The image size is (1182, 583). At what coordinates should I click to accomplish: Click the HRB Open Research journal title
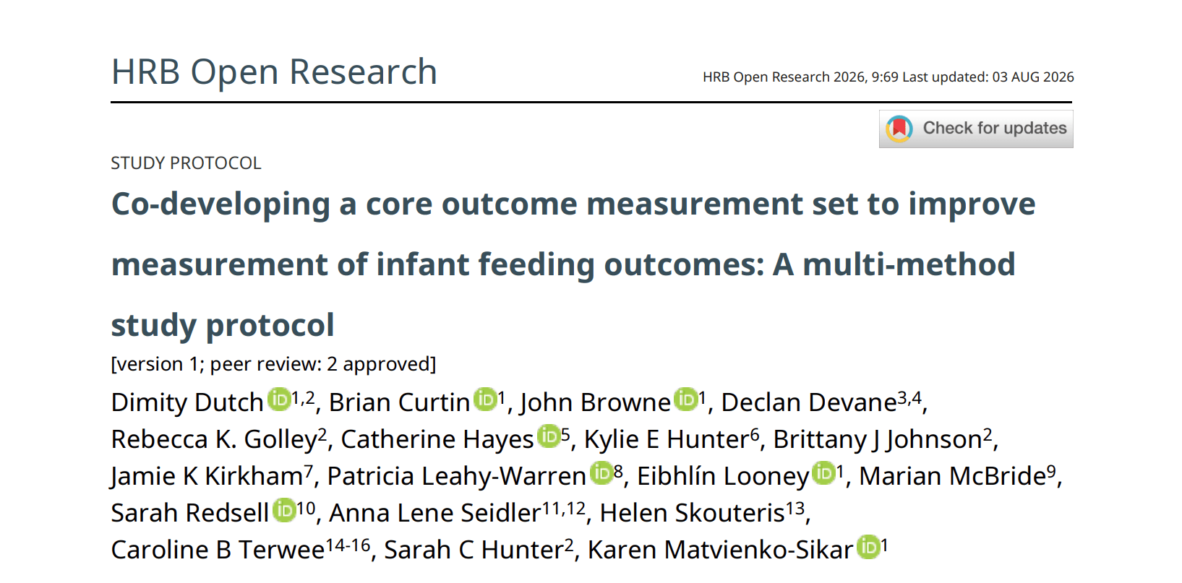click(274, 72)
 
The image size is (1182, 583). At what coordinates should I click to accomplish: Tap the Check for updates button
click(976, 129)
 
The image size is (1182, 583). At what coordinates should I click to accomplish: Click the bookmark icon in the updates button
click(899, 129)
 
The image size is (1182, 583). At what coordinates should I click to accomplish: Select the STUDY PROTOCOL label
click(186, 163)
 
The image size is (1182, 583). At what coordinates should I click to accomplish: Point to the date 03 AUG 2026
click(1032, 77)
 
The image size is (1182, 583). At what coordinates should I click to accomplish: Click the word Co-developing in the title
click(220, 204)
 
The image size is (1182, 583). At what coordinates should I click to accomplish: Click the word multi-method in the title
click(909, 264)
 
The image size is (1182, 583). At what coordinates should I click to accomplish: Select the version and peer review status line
click(273, 364)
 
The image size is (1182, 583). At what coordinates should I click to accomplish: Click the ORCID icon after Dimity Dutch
click(279, 399)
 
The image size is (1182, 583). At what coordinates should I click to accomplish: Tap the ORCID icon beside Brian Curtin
click(485, 399)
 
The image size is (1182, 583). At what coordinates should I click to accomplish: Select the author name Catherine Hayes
click(437, 440)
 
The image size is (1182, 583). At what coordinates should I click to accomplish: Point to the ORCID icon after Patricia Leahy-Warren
click(601, 473)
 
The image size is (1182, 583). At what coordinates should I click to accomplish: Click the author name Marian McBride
click(952, 477)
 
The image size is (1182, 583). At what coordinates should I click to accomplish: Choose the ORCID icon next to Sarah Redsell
click(284, 510)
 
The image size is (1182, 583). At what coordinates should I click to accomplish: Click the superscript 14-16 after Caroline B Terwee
click(348, 545)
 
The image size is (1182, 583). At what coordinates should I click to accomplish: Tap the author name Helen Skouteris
click(693, 514)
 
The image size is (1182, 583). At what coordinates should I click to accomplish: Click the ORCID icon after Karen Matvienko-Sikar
click(868, 547)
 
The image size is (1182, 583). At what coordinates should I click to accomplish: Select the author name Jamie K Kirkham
click(207, 477)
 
